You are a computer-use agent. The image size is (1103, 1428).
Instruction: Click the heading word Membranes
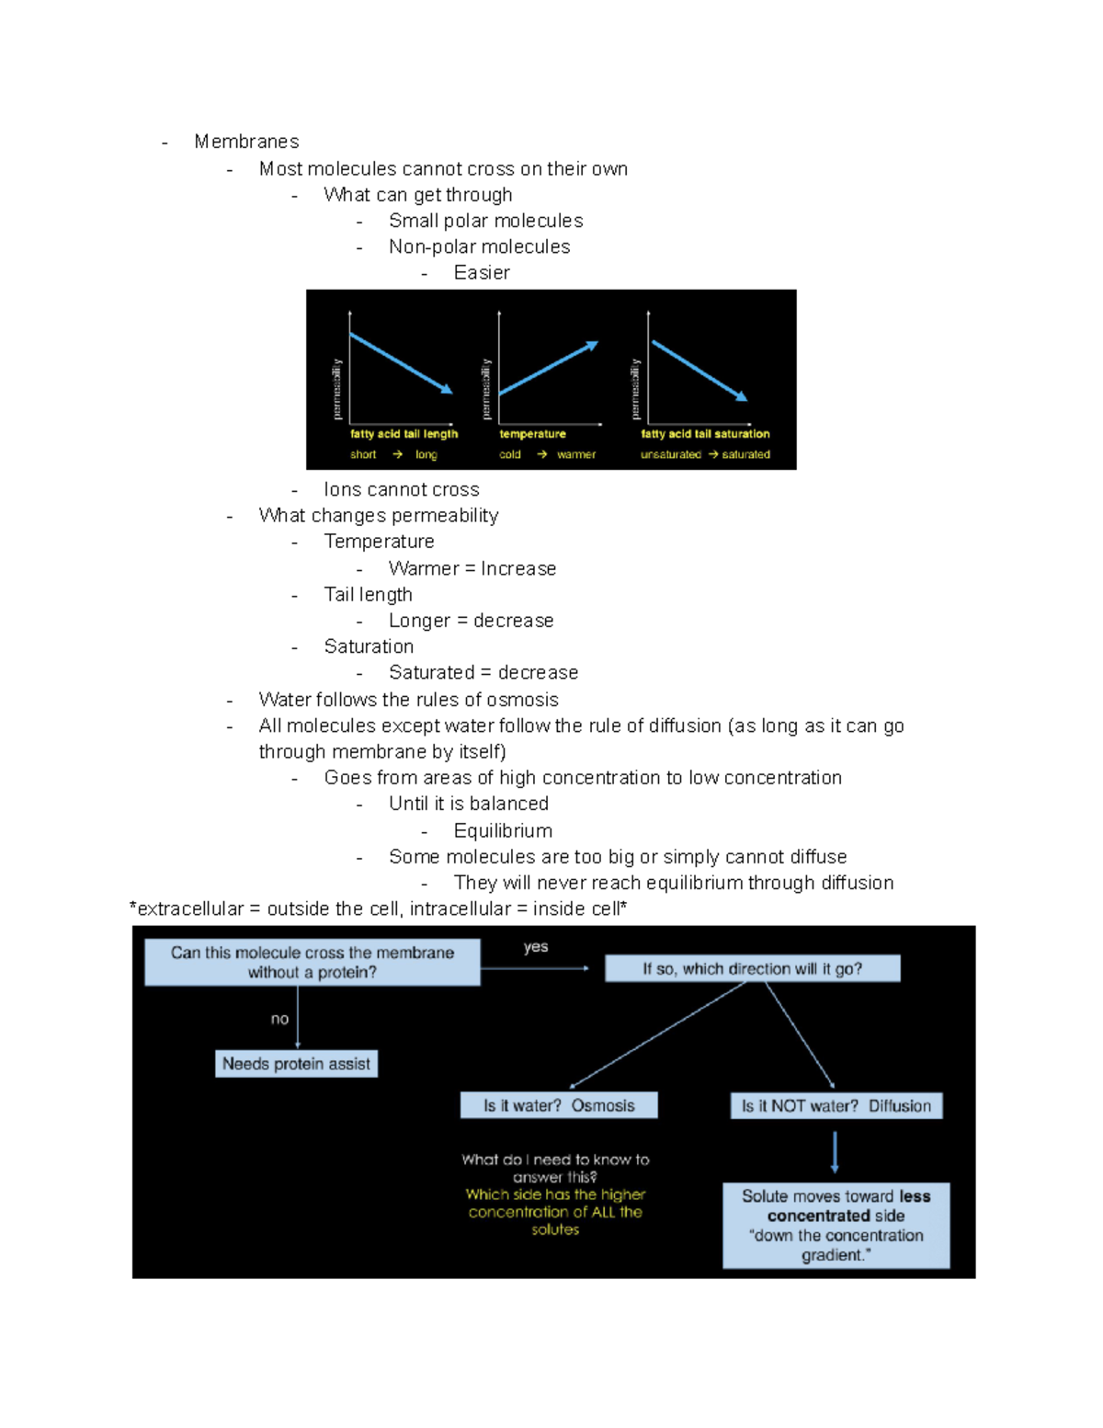tap(246, 142)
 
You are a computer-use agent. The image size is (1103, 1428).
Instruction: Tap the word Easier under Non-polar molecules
tap(482, 273)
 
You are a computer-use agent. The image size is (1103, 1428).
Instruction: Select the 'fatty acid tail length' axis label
tap(404, 434)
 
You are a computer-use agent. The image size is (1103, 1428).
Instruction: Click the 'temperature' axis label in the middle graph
tap(532, 434)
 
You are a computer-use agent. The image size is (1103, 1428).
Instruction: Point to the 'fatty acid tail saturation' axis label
tap(705, 434)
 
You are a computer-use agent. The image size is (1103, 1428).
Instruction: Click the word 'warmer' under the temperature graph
tap(576, 454)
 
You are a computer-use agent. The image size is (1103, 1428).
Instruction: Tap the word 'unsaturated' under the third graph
tap(670, 454)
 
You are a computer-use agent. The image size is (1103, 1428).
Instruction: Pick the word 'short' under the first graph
tap(363, 454)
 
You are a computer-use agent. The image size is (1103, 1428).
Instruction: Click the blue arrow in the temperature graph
tap(548, 369)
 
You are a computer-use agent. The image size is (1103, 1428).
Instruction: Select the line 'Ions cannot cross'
tap(401, 490)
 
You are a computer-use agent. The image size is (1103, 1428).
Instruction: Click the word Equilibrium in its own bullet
tap(503, 831)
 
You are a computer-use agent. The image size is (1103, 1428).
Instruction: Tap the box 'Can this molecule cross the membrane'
tap(312, 963)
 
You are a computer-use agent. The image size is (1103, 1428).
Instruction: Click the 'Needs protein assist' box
tap(296, 1064)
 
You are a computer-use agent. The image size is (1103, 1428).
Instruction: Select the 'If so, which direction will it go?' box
tap(752, 968)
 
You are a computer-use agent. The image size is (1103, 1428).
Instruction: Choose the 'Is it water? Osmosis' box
tap(559, 1105)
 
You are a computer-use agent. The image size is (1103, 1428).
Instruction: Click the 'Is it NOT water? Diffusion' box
tap(836, 1106)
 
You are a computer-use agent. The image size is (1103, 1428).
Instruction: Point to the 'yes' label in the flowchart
tap(536, 947)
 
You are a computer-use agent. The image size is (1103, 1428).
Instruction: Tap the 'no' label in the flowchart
tap(279, 1019)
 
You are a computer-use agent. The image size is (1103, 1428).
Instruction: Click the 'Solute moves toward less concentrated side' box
tap(836, 1225)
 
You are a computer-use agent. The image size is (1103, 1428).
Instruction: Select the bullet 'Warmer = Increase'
tap(472, 569)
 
